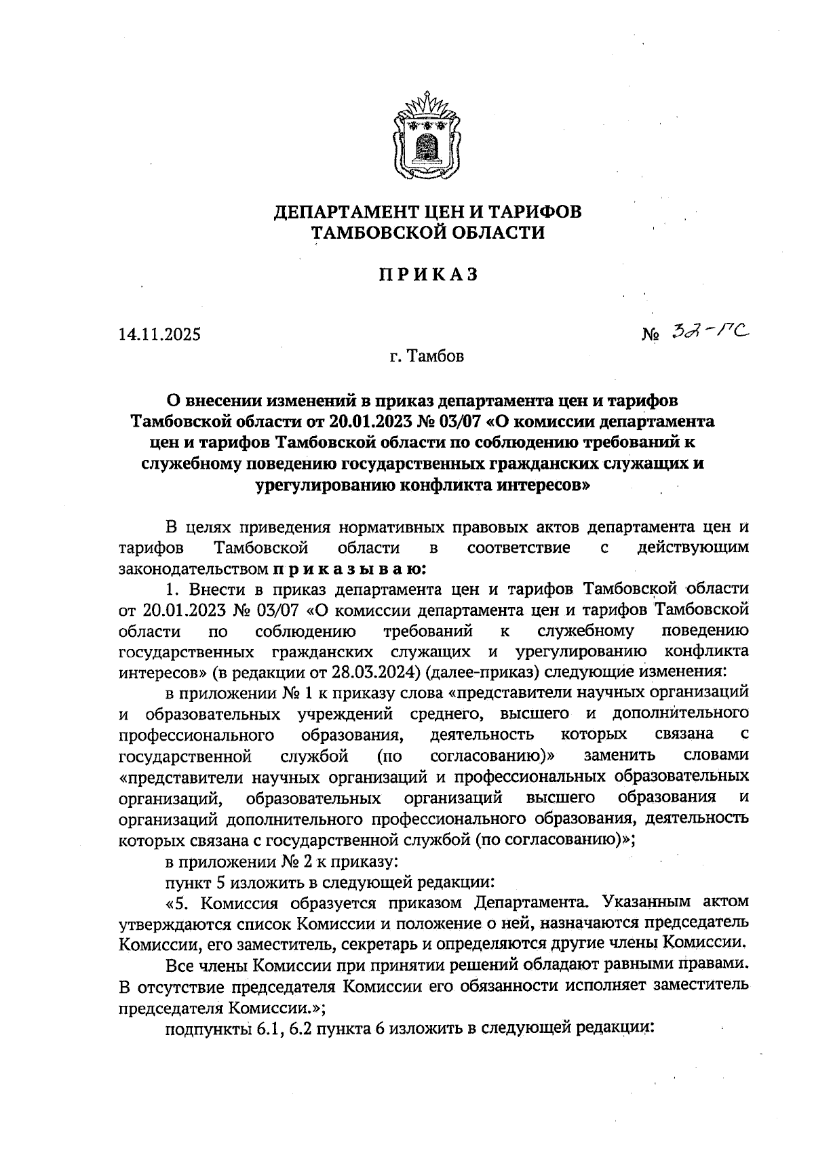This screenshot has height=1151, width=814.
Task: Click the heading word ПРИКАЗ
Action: click(x=427, y=275)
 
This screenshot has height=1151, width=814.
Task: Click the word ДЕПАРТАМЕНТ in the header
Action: click(x=347, y=212)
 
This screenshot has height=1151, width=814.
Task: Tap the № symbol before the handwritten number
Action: click(x=651, y=335)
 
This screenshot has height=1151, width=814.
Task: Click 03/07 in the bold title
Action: click(x=458, y=421)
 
